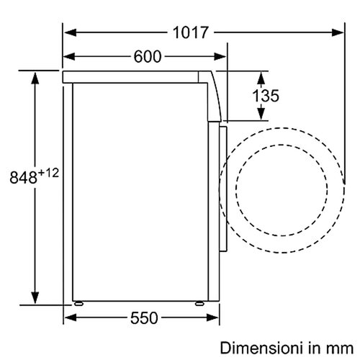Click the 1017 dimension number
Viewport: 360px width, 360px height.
(191, 32)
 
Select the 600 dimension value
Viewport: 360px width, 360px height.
(148, 57)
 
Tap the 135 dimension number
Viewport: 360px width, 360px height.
(266, 96)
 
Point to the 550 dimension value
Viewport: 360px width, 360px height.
(144, 318)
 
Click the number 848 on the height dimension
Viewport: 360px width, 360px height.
(24, 178)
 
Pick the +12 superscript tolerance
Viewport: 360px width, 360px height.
(48, 173)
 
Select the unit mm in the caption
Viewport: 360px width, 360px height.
(341, 349)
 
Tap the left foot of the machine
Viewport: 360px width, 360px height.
(78, 303)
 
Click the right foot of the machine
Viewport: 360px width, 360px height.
(199, 303)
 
